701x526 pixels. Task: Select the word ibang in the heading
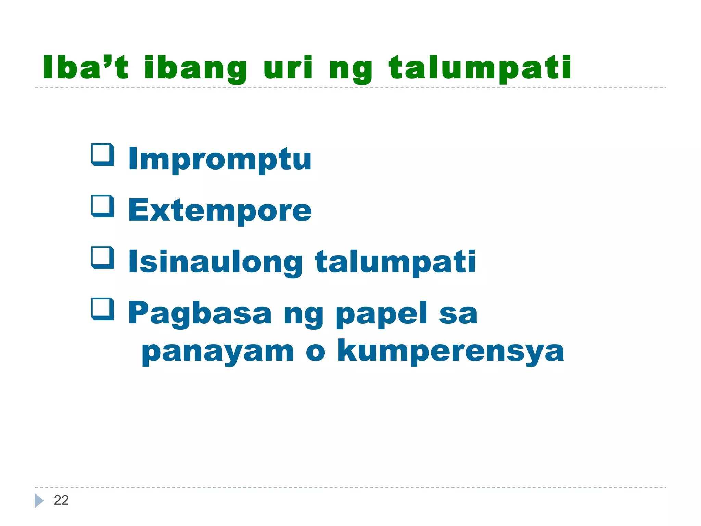pos(195,68)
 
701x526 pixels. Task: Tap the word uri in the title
pos(288,67)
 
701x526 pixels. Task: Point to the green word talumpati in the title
pos(480,68)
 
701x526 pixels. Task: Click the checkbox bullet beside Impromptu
pos(102,155)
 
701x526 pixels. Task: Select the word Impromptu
pos(219,159)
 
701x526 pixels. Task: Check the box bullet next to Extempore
pos(102,206)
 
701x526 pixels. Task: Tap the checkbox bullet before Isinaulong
pos(102,258)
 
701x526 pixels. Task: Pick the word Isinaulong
pos(215,262)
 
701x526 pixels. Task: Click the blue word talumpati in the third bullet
pos(395,262)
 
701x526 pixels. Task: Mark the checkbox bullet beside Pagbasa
pos(102,309)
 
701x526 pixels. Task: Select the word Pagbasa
pos(200,313)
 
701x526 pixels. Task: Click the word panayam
pos(218,352)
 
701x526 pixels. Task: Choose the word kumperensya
pos(450,351)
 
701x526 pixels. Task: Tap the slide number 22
pos(61,500)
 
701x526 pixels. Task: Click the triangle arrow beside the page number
pos(39,501)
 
